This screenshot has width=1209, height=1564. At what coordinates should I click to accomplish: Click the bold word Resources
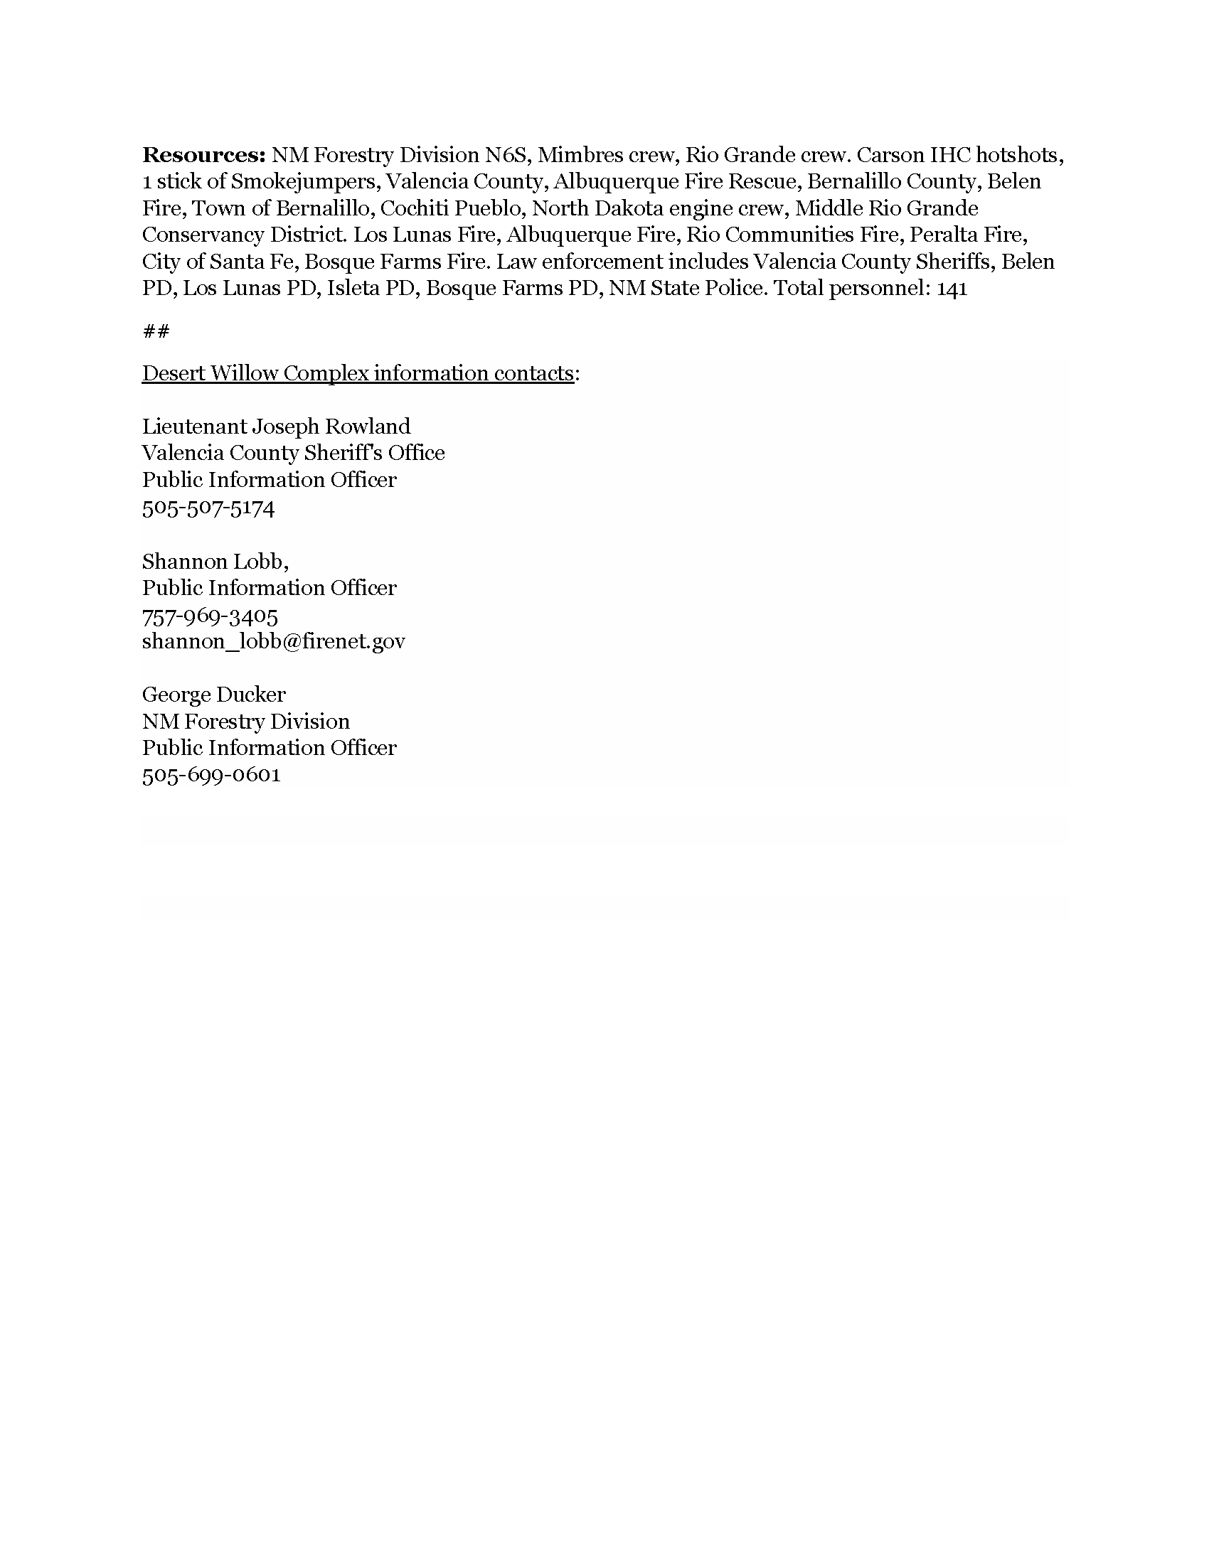pyautogui.click(x=204, y=155)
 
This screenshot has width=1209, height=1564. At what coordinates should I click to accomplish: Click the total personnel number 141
pyautogui.click(x=952, y=289)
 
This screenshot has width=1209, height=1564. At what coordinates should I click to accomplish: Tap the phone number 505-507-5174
pyautogui.click(x=208, y=508)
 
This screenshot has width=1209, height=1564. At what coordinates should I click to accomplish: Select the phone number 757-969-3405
pyautogui.click(x=210, y=616)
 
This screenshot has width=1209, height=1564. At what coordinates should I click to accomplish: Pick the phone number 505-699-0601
pyautogui.click(x=211, y=775)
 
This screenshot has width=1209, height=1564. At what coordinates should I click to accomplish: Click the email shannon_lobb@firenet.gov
pyautogui.click(x=274, y=641)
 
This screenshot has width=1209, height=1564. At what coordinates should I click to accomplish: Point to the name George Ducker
pyautogui.click(x=213, y=695)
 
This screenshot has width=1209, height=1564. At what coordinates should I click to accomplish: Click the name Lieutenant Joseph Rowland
pyautogui.click(x=277, y=427)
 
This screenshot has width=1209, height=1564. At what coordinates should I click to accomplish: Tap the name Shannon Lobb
pyautogui.click(x=213, y=562)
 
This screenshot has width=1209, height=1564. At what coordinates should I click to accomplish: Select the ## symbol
pyautogui.click(x=156, y=331)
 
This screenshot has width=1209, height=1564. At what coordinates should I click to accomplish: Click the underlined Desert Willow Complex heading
pyautogui.click(x=358, y=373)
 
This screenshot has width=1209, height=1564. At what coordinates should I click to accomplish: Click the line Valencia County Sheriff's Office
pyautogui.click(x=294, y=454)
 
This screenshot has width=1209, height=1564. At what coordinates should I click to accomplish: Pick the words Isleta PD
pyautogui.click(x=372, y=289)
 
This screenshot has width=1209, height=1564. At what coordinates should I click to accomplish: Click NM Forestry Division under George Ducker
pyautogui.click(x=245, y=721)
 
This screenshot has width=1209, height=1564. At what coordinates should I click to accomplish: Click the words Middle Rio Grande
pyautogui.click(x=887, y=208)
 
